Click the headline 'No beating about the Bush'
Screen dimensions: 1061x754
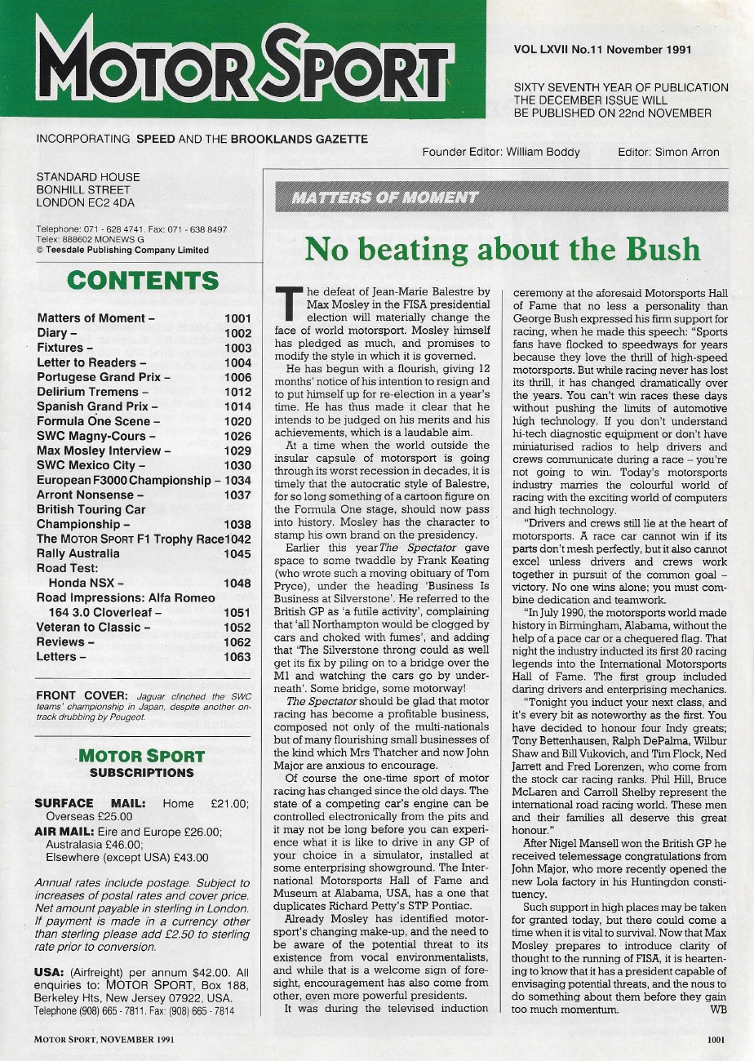[502, 248]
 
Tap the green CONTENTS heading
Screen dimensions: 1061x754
[143, 281]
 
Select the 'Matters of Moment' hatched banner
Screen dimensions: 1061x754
[502, 198]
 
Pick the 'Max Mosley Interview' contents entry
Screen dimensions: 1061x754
[104, 451]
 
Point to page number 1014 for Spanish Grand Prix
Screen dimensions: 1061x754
[237, 406]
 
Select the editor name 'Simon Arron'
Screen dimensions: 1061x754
[690, 152]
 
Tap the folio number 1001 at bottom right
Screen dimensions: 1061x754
[716, 1040]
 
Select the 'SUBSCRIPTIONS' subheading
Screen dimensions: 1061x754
[142, 772]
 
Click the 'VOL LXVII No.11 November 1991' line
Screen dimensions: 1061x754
[602, 49]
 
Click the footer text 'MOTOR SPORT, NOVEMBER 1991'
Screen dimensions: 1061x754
[104, 1040]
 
